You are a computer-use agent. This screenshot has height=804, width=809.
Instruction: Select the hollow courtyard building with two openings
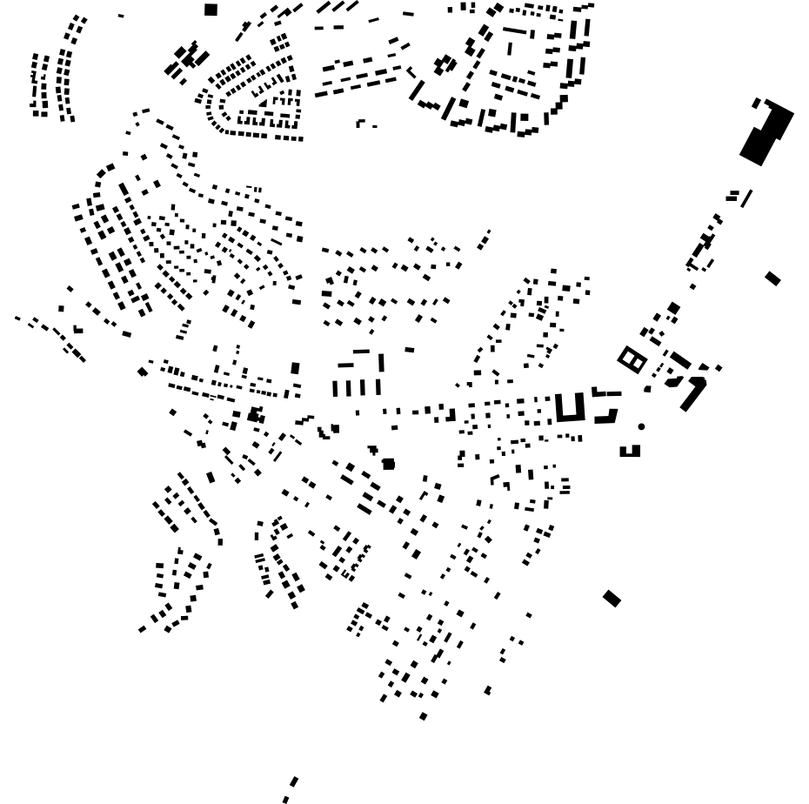tap(632, 359)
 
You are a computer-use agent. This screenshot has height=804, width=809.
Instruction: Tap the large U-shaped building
tap(570, 409)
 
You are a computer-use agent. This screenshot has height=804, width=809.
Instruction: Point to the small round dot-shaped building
tap(641, 426)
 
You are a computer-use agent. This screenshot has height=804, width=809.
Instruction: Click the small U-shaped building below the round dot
tap(630, 452)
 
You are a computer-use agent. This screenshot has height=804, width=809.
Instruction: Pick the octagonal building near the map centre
tap(388, 464)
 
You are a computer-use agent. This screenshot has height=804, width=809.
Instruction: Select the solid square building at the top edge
tap(211, 10)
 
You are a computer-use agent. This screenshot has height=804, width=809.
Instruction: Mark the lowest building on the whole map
tap(285, 799)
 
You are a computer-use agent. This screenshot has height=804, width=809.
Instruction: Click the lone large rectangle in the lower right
tap(612, 598)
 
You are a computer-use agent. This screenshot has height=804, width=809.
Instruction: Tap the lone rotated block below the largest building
tap(772, 278)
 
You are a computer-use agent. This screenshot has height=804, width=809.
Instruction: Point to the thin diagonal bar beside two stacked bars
tap(746, 198)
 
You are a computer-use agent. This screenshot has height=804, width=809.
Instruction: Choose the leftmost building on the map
tap(17, 318)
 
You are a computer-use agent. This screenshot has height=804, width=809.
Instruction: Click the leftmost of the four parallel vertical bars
tap(335, 388)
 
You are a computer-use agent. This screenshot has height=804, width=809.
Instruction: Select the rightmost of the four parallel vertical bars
tap(378, 386)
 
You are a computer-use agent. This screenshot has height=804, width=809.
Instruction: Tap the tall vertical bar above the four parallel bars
tap(381, 362)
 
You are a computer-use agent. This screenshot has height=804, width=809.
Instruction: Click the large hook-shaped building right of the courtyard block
tap(693, 394)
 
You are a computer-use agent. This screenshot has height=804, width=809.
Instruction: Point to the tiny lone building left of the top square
tap(121, 16)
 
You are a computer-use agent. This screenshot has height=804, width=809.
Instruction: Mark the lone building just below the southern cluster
tap(424, 716)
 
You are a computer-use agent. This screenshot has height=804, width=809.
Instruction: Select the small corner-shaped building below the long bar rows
tap(360, 124)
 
